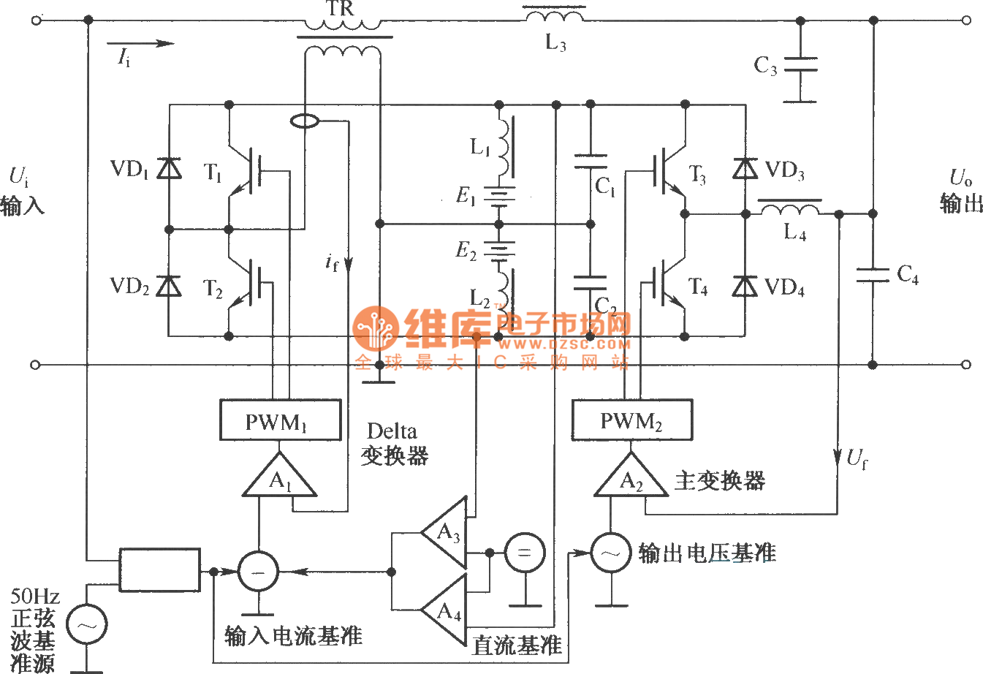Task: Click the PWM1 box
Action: click(281, 420)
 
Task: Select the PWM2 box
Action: click(631, 420)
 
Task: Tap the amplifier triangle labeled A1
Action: click(279, 477)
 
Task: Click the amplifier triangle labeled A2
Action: click(630, 477)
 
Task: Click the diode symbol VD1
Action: click(170, 169)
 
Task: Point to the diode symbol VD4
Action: click(745, 286)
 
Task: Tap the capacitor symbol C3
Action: click(800, 65)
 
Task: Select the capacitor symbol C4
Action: click(873, 275)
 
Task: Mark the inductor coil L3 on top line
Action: click(554, 14)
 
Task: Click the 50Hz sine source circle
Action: click(86, 625)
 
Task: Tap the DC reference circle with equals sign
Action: click(524, 553)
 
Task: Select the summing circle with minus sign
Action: click(258, 572)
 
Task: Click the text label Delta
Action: click(392, 431)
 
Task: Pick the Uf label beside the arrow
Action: click(857, 459)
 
